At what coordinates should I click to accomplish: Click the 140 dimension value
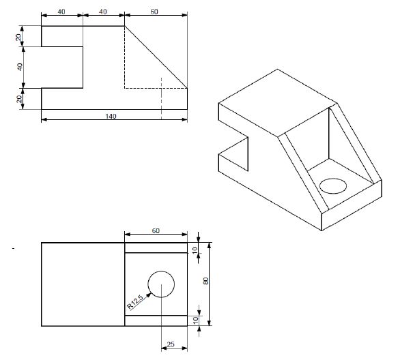(111, 116)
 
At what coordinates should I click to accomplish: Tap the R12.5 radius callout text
(135, 301)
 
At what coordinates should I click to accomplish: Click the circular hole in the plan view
(161, 284)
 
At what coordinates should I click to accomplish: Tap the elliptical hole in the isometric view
(333, 185)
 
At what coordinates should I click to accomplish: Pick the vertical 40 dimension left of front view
(20, 67)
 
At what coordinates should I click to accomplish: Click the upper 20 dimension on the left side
(20, 36)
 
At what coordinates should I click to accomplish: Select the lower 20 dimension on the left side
(20, 98)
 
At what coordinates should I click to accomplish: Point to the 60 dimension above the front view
(154, 12)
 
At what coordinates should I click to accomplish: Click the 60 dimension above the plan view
(155, 231)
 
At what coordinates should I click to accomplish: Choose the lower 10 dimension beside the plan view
(196, 320)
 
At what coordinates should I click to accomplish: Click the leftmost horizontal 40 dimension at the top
(61, 12)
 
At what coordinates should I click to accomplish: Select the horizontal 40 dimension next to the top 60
(103, 12)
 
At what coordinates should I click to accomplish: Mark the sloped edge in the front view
(156, 57)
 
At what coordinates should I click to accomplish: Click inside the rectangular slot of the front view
(62, 67)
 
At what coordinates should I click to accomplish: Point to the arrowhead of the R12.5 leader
(148, 291)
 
